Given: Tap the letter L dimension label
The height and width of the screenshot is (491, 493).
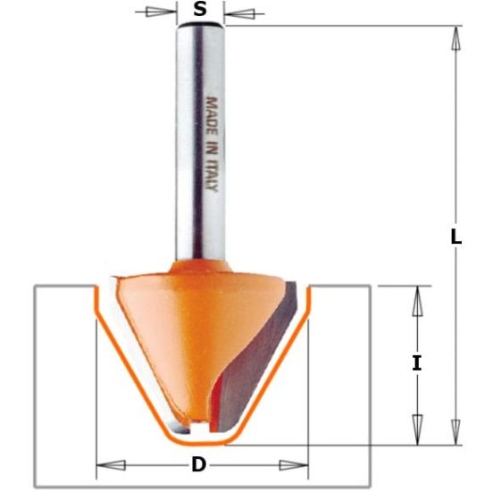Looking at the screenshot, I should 455,237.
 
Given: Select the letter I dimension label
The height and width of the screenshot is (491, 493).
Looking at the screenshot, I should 416,362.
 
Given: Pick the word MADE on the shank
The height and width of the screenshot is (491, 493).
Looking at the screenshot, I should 212,112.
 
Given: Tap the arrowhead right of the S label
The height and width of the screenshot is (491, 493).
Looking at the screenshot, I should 239,12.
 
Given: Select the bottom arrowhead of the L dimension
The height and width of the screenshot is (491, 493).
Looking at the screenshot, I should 455,432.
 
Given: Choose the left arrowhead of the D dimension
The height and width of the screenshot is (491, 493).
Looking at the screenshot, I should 110,464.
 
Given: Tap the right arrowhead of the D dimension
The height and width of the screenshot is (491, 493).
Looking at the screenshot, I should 293,464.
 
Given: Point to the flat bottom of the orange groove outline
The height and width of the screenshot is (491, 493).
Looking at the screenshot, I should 200,441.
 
